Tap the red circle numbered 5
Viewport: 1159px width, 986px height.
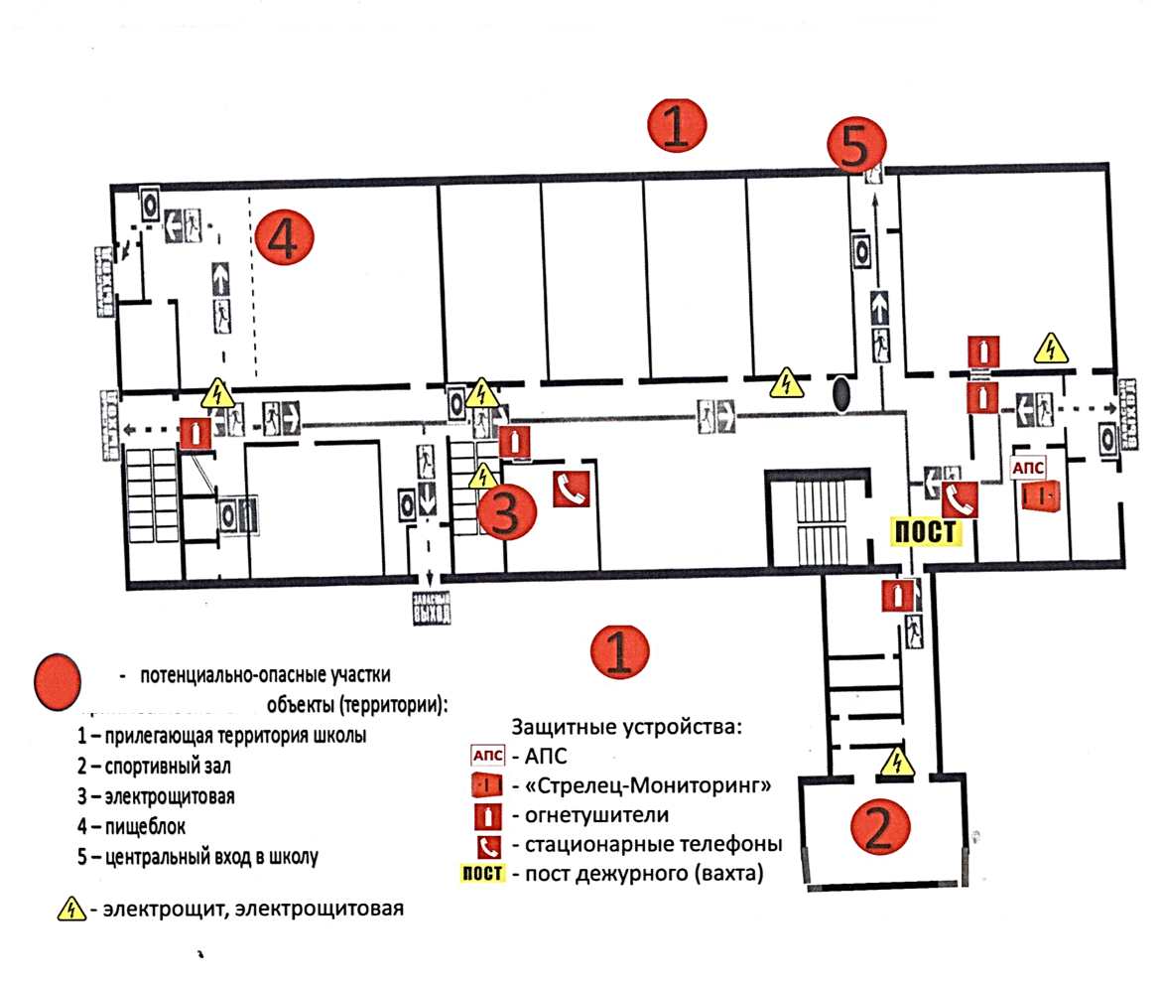point(854,147)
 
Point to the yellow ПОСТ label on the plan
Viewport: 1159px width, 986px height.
point(925,531)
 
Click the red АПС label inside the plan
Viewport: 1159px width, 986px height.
point(1026,467)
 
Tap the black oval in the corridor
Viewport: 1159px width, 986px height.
point(841,394)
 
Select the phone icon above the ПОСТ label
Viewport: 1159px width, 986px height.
point(960,497)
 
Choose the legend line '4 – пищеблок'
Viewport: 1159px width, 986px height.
point(130,825)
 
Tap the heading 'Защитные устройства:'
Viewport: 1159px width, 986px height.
point(626,726)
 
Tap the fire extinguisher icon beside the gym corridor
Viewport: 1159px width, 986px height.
point(896,596)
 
